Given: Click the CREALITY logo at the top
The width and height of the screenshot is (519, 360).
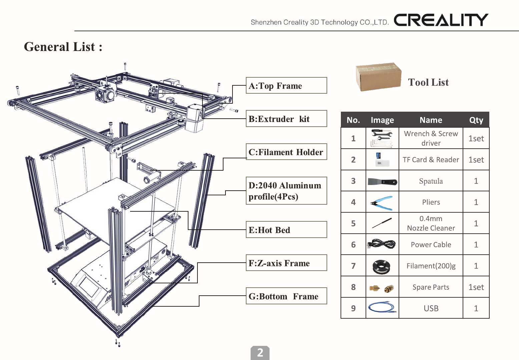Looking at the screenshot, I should point(441,20).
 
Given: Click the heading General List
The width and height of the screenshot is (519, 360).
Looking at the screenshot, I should point(63,47).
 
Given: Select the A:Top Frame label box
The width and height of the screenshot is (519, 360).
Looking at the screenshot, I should point(286,86).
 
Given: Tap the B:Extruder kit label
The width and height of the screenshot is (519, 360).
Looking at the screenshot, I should point(286,119).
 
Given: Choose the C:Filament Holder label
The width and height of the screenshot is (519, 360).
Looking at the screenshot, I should point(286,152).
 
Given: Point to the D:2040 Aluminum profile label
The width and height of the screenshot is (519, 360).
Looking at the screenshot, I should point(286,191).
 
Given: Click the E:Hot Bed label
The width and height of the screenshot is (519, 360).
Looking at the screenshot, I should point(286,230).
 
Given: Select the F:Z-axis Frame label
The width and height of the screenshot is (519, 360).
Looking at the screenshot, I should point(286,263).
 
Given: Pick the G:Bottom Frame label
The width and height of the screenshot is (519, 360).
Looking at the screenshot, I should point(286,296).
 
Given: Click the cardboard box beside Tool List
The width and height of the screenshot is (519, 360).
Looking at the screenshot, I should point(378,77).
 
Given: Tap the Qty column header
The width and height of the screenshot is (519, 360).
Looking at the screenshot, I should point(476,120).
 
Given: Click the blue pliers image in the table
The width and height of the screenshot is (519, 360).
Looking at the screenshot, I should point(382,203).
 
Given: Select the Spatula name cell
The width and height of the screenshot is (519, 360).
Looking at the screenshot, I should point(431,181).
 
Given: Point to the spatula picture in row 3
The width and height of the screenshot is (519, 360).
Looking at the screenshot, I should point(382,182).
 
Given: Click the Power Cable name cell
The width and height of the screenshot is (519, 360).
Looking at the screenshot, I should point(431,245).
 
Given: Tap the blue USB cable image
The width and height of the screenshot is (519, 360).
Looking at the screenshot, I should point(382,307).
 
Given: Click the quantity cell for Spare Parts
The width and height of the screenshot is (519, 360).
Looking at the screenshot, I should point(476,287).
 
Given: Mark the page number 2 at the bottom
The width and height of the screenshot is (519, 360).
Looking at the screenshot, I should point(260,353).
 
